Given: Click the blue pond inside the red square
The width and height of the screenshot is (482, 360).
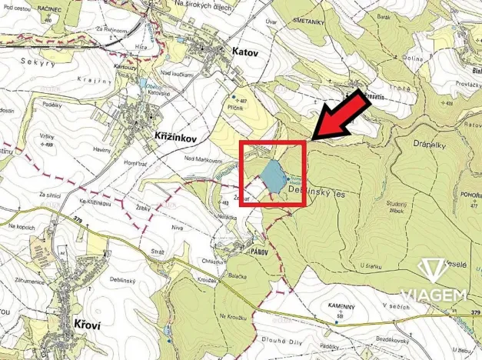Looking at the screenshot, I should [x=272, y=175].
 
